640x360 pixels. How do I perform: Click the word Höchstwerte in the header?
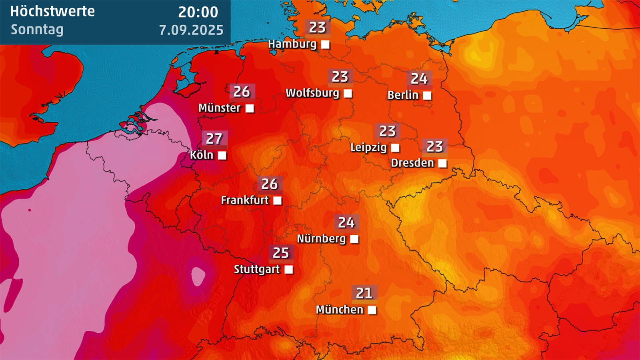point(52,11)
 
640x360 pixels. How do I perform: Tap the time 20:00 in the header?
point(198,12)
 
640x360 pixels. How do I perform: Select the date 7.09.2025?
point(191,30)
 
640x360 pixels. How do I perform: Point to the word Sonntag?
point(37,30)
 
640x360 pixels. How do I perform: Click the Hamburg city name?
point(292,44)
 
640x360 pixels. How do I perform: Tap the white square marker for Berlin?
point(427,96)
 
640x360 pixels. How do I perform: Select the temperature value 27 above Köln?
point(214,139)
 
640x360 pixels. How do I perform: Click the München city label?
point(340,310)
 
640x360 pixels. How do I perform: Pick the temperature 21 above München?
point(364,293)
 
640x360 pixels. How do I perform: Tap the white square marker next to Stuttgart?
point(289,270)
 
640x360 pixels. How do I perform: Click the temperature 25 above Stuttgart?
point(281,253)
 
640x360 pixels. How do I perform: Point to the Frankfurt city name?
point(245,200)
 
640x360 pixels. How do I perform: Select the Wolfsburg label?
point(312,93)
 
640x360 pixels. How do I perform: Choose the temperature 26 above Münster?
point(242,92)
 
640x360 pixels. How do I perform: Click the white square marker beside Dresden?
point(442,163)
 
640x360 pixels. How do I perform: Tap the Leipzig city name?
point(368,148)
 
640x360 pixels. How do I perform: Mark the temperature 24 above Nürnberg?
point(346,222)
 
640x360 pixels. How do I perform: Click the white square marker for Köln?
point(222,155)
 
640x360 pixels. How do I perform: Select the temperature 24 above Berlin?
point(419,79)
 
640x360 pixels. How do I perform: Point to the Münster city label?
point(220,108)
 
